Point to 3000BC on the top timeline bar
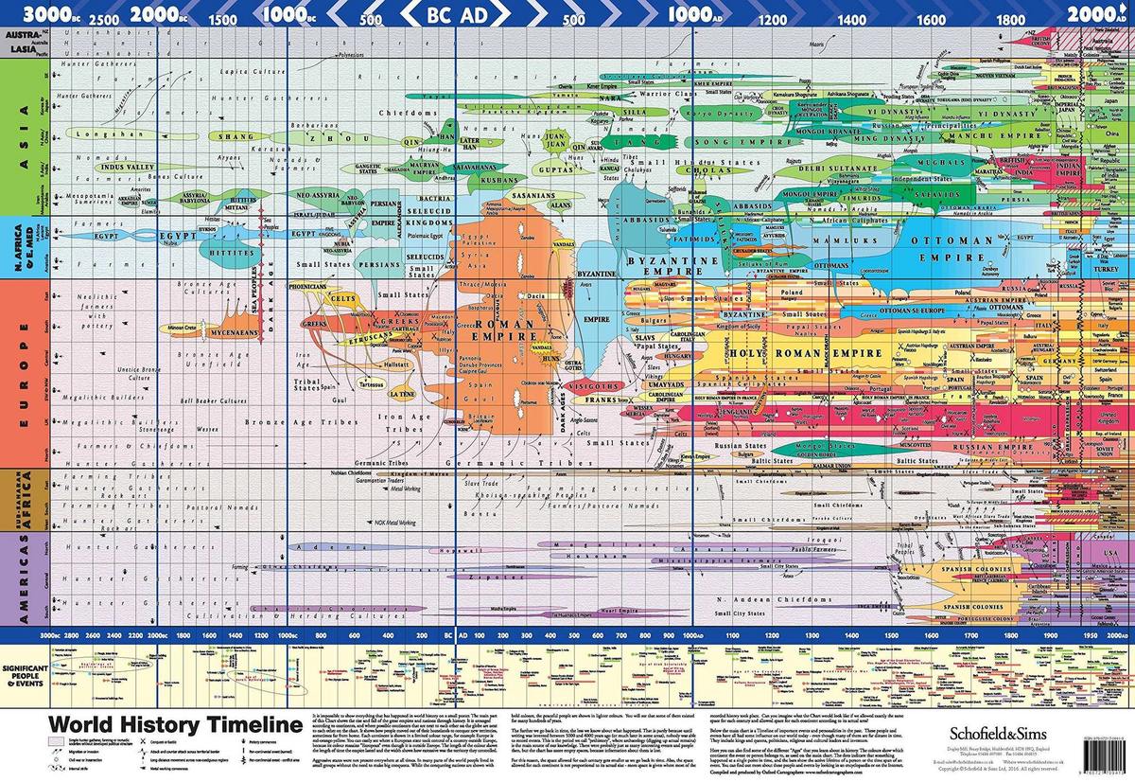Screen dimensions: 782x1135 pos(46,14)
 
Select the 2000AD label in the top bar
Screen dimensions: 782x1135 pos(1096,14)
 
